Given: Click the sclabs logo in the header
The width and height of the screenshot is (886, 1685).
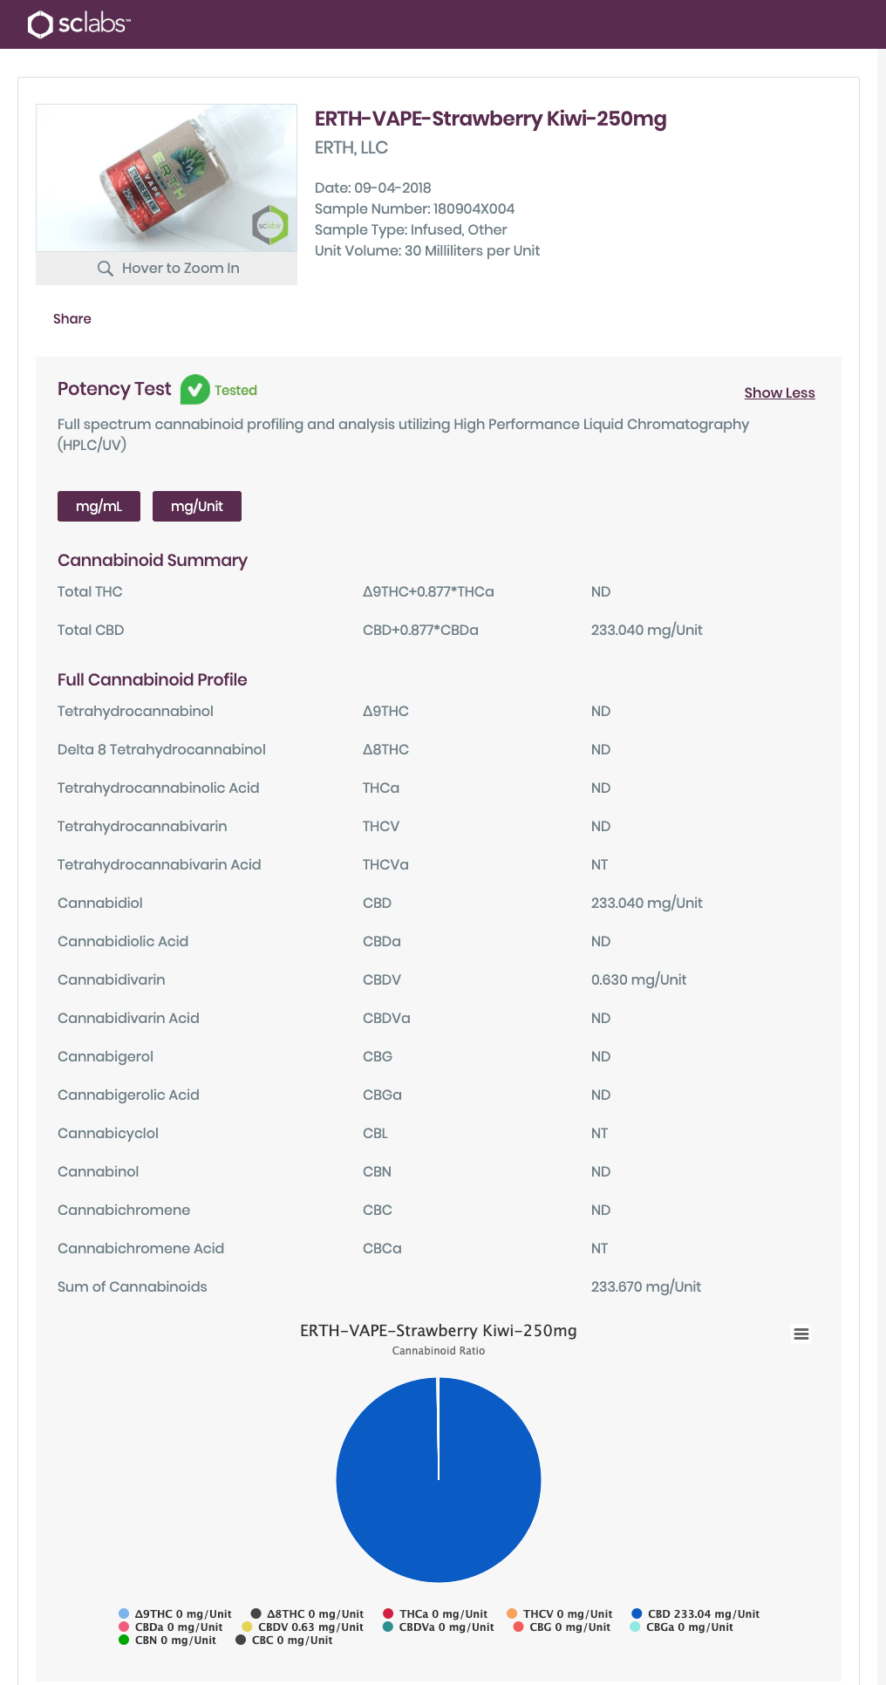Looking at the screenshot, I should click(78, 24).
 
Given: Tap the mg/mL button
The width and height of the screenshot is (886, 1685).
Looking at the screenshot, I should click(99, 506).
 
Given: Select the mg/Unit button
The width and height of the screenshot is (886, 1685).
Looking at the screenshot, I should click(197, 506).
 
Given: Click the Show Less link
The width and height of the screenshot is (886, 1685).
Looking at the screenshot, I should click(779, 392).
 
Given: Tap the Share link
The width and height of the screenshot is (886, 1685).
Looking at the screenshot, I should click(72, 318).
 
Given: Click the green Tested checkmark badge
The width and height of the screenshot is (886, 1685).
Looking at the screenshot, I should click(194, 390).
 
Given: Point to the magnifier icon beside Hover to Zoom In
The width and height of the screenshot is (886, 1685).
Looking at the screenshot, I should click(106, 268).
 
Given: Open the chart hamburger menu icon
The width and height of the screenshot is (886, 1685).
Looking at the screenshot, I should click(801, 1334).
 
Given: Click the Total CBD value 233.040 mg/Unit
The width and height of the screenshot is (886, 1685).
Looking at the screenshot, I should click(646, 630).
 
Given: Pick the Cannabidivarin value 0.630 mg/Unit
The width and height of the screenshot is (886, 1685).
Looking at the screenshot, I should click(638, 979).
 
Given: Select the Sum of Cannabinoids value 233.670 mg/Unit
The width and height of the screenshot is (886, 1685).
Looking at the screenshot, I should click(645, 1286).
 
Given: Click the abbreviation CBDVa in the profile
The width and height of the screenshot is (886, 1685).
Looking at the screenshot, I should click(386, 1018).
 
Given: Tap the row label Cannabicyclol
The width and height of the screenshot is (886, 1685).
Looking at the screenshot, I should click(108, 1133).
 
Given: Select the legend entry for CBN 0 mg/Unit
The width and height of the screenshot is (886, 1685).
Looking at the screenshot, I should click(167, 1640).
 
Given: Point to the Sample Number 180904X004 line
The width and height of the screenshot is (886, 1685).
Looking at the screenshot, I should click(414, 208).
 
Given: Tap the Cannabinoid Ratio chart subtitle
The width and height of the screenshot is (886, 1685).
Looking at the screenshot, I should click(439, 1350).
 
